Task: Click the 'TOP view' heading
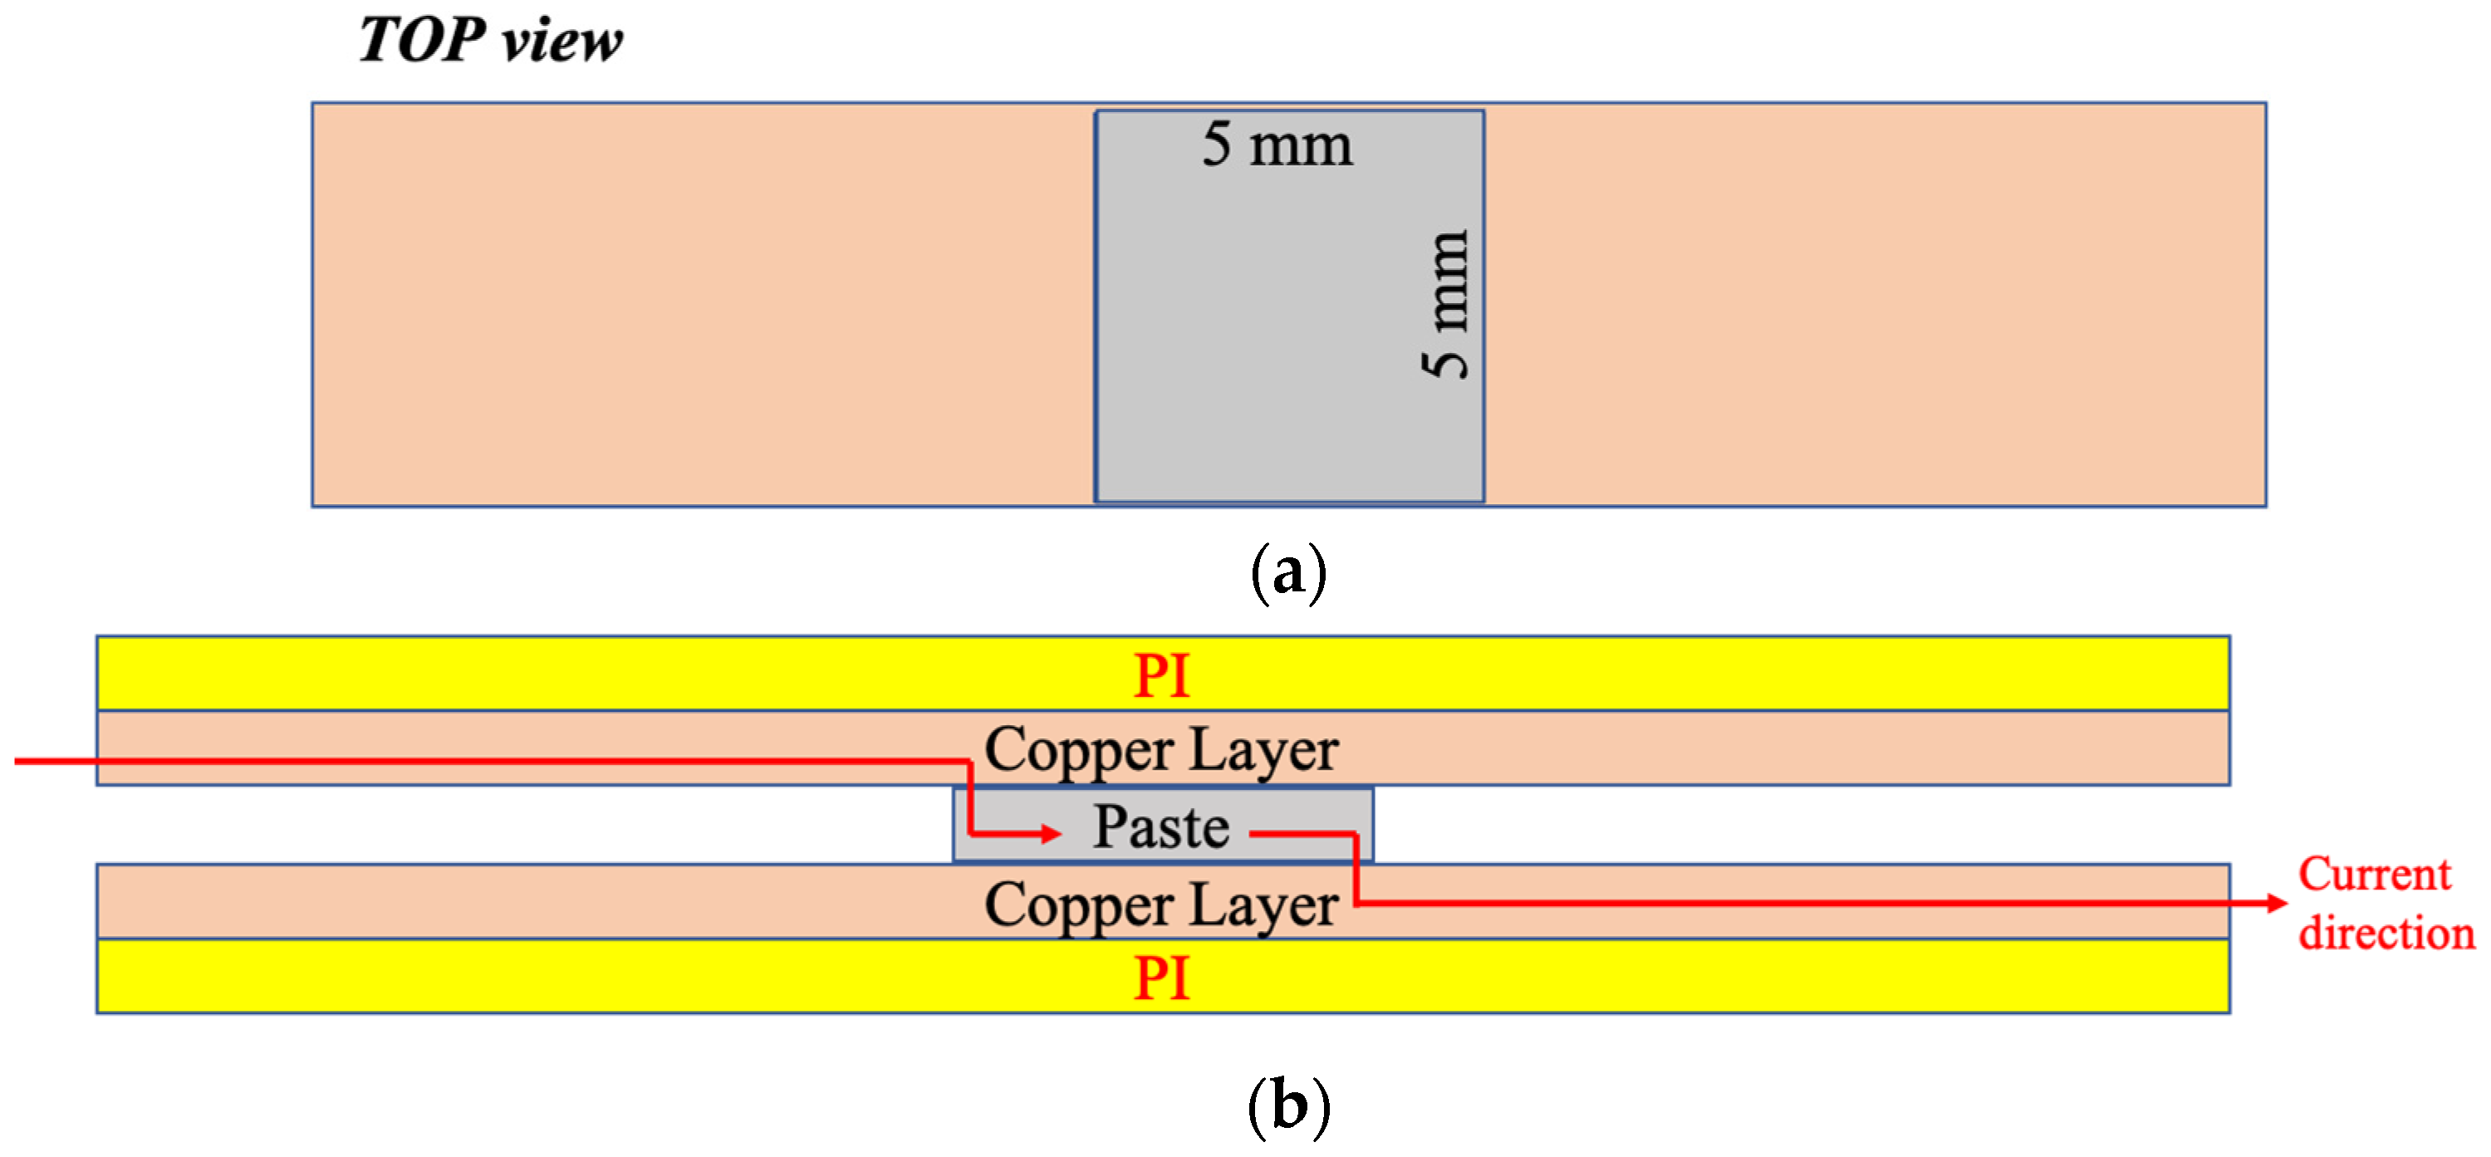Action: click(490, 41)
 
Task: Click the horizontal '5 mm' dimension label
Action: click(1277, 146)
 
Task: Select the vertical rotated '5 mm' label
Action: click(1444, 305)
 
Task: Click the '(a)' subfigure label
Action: click(1288, 573)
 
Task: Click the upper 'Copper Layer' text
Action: click(1161, 750)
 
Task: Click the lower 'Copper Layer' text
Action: click(1161, 905)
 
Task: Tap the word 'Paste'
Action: click(1161, 827)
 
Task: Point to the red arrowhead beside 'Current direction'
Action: click(2277, 903)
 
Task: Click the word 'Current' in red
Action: click(2374, 874)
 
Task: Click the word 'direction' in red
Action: click(2386, 934)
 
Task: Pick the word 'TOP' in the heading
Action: click(422, 41)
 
